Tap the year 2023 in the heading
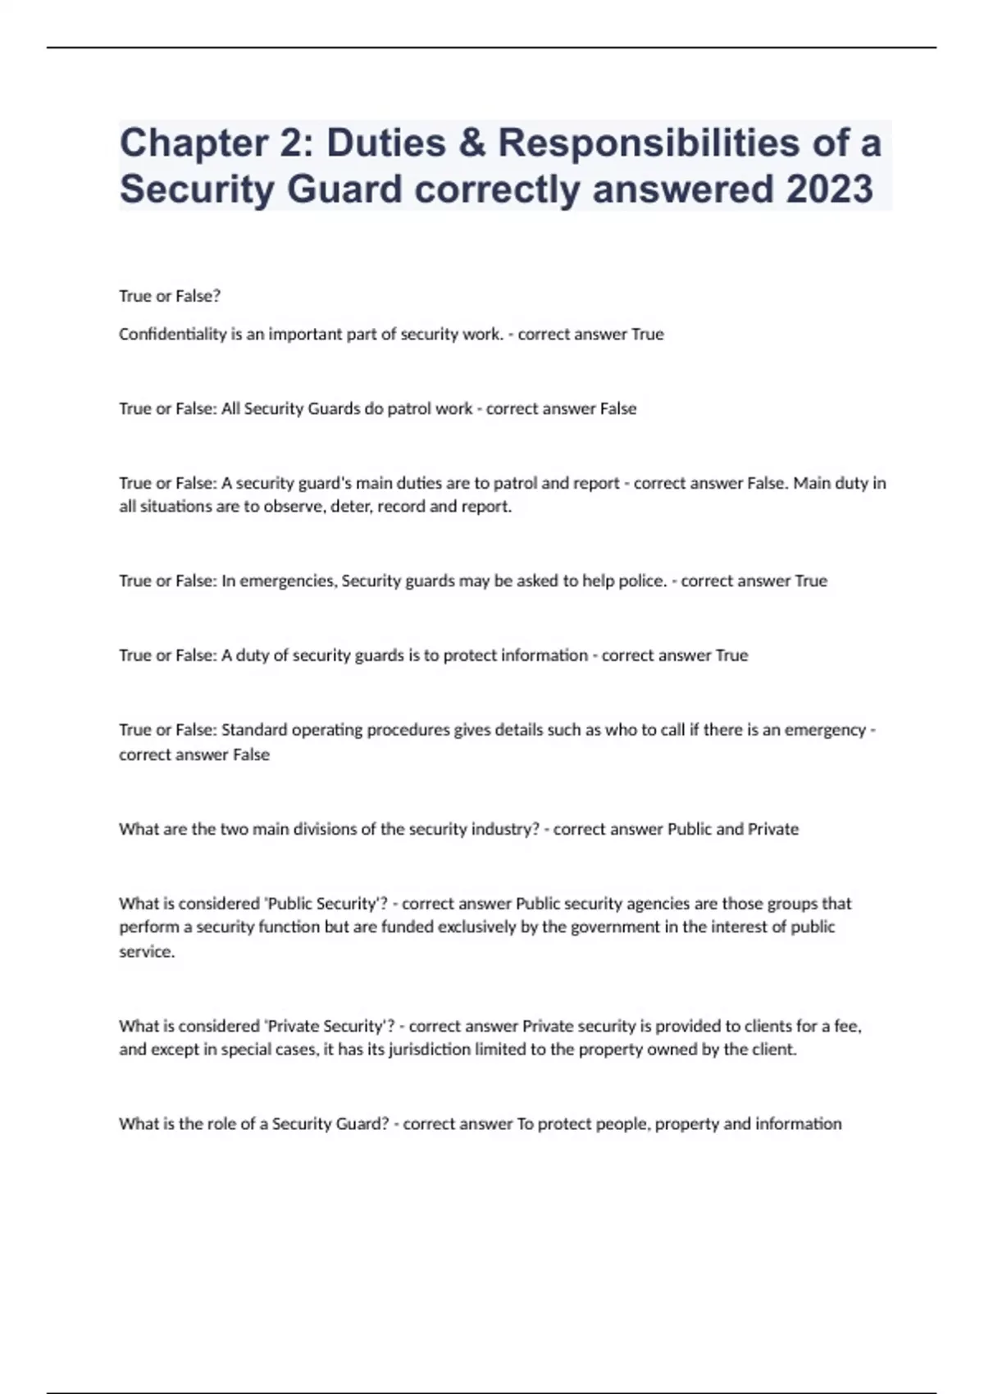coord(829,189)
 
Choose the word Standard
coord(254,730)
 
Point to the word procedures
coord(409,730)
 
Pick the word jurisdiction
coord(422,1050)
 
